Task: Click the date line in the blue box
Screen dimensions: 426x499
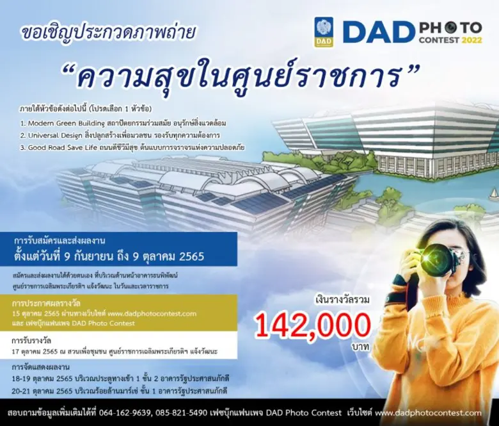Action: [109, 257]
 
